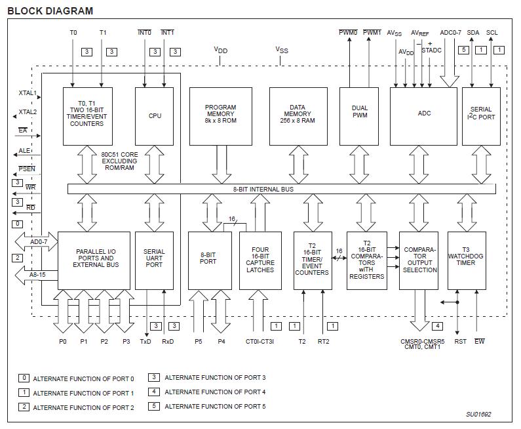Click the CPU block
point(155,116)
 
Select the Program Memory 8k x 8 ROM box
point(220,116)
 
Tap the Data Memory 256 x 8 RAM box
point(298,116)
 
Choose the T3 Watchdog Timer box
point(467,260)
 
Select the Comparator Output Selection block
point(419,260)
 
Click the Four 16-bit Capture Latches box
point(261,260)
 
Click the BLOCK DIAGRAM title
point(50,10)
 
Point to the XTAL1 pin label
point(28,93)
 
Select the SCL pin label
point(492,32)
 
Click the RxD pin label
point(168,341)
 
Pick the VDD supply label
point(221,49)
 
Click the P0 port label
point(64,341)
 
